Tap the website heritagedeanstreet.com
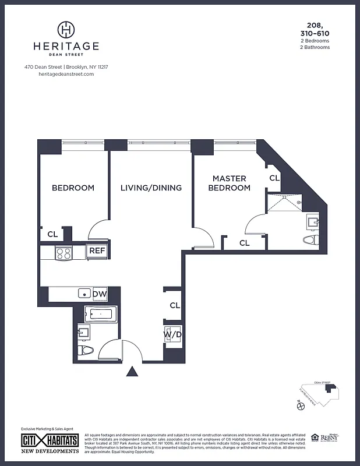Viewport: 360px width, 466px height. click(x=66, y=74)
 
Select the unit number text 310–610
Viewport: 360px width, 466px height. click(x=315, y=33)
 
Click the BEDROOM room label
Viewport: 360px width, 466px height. click(x=73, y=188)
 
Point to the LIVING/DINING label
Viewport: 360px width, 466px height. click(x=151, y=188)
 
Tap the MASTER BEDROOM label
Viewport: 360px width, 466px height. click(x=230, y=183)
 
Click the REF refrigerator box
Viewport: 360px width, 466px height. click(x=96, y=251)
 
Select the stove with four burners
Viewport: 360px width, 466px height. click(x=63, y=253)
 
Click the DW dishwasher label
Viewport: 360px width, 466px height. click(x=100, y=294)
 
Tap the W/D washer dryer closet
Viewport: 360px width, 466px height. click(x=172, y=335)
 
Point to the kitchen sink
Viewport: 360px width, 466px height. click(x=84, y=294)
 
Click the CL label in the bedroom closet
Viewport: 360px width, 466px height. click(x=52, y=235)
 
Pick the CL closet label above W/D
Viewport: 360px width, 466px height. click(x=175, y=305)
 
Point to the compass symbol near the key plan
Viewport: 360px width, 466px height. click(x=301, y=407)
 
